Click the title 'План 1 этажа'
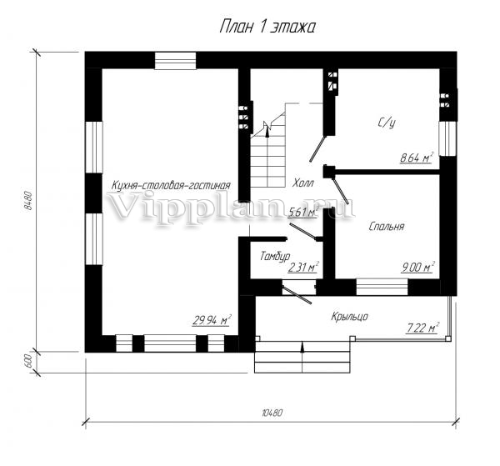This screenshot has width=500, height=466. pos(267,27)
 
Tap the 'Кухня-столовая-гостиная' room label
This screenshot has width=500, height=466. pos(171,186)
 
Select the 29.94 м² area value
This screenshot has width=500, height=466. pos(212,320)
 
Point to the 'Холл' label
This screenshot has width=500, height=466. pos(303,183)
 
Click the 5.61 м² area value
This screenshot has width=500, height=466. pos(303,212)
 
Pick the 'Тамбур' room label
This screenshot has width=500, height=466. pos(275,256)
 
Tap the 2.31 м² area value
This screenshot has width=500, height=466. pos(303,268)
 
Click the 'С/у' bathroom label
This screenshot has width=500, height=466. pos(387,123)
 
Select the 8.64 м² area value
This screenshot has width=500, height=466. pos(417,158)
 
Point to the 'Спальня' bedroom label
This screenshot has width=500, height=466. pos(387,227)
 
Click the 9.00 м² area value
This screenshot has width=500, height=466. pos(418,268)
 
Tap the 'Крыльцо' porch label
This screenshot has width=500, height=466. pos(350,317)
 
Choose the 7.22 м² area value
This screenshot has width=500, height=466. pos(422,328)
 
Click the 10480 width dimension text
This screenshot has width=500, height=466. pos(272,413)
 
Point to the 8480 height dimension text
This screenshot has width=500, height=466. pos(28,201)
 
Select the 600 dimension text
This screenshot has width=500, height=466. pos(28,362)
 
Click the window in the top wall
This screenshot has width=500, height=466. pos(175,61)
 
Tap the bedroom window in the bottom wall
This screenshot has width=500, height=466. pos(382,287)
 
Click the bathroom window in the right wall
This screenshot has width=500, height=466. pos(447,138)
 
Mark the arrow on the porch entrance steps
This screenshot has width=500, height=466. pos(302,357)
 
